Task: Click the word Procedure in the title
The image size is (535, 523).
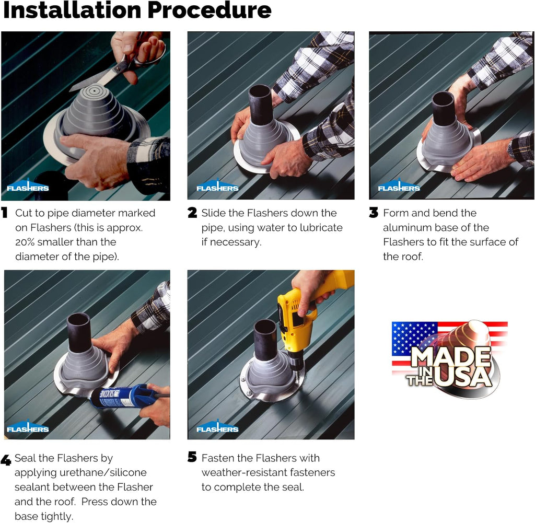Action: coord(209,10)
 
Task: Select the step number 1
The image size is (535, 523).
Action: coord(4,213)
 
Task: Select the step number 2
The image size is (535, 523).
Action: coord(192,213)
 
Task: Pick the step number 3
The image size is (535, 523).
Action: coord(374,213)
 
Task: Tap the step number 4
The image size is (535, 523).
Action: coord(6,460)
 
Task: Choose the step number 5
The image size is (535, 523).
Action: coord(192,457)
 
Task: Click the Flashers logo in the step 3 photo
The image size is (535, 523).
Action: coord(399,186)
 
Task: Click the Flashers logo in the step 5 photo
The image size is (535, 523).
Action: coord(217,427)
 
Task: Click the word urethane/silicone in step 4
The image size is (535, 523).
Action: coord(103,472)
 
